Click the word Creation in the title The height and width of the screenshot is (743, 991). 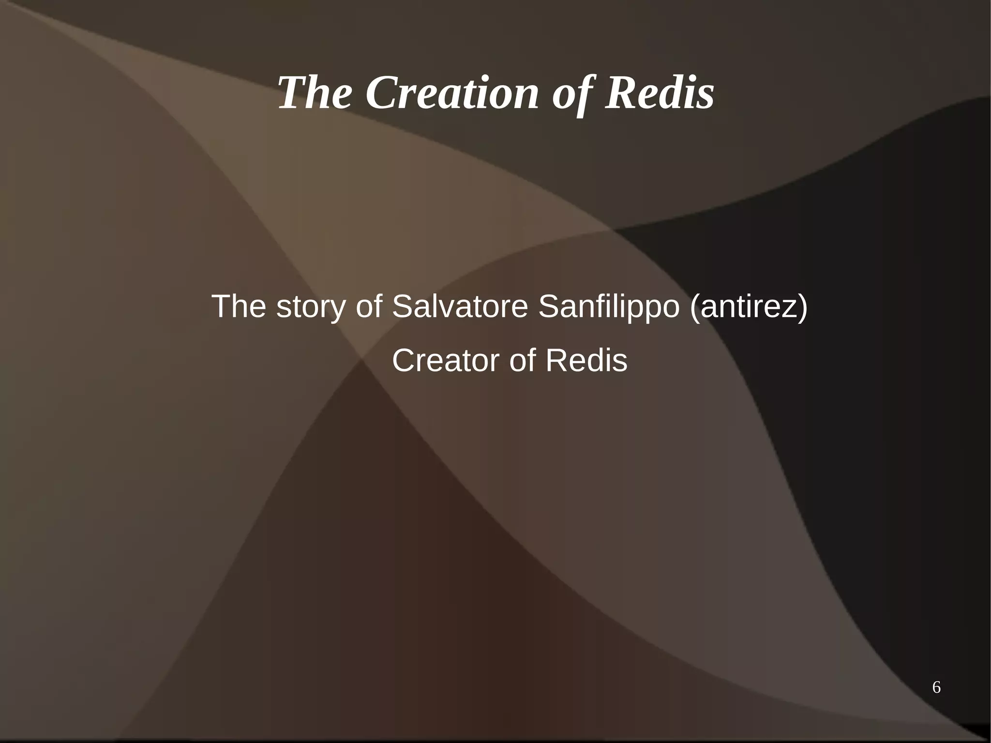pos(452,93)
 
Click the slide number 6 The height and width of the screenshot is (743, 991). pos(936,687)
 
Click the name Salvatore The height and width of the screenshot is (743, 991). pos(460,307)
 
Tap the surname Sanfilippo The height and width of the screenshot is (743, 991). pos(609,307)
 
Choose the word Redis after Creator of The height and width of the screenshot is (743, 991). pos(586,361)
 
